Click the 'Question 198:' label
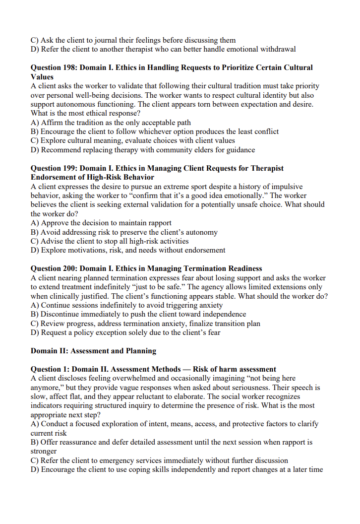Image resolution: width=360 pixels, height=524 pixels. tap(54, 67)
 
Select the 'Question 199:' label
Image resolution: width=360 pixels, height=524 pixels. tap(54, 168)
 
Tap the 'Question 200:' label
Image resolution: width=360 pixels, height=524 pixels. tap(54, 268)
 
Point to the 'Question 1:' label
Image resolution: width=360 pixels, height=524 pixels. tap(50, 369)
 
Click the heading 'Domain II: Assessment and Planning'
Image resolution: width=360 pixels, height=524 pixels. tap(93, 351)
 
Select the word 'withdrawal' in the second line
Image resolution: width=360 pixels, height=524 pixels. tap(278, 49)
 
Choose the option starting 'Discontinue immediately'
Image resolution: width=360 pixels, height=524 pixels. tap(138, 314)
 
